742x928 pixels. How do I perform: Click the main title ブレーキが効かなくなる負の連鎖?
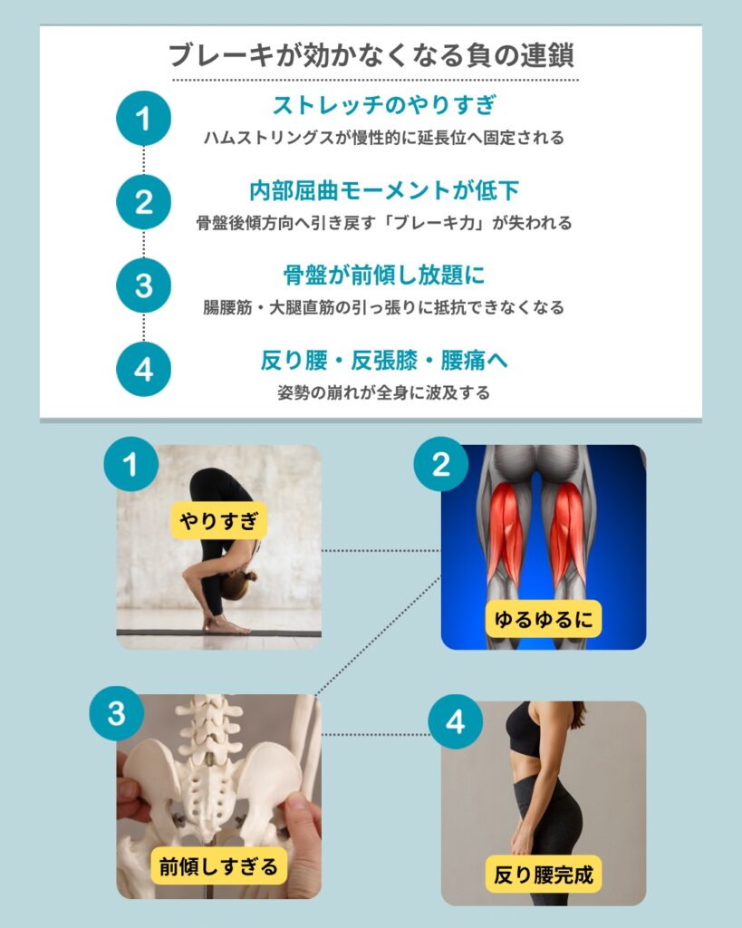pos(371,55)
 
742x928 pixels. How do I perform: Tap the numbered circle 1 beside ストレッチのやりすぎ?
pos(143,119)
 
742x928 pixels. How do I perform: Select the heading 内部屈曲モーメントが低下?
pos(384,190)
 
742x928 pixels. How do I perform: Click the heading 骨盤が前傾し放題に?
pos(384,275)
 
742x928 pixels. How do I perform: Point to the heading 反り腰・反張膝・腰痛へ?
pos(384,360)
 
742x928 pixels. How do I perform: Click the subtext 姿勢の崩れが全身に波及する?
pos(384,392)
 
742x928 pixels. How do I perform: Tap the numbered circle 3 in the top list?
pos(143,285)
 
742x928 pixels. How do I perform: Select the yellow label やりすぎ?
pos(219,521)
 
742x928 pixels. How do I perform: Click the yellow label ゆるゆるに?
pos(544,619)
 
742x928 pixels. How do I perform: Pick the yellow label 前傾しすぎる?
pos(218,866)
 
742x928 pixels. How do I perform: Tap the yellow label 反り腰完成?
pos(544,875)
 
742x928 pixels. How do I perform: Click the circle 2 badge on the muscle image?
pos(441,464)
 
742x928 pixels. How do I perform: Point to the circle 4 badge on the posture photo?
pos(455,722)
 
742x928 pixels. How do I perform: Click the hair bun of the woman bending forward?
pos(251,575)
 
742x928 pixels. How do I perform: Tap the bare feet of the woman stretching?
pos(224,624)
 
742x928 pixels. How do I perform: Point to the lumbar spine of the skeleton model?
pos(208,728)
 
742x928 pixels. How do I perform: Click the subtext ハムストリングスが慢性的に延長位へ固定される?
pos(384,138)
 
